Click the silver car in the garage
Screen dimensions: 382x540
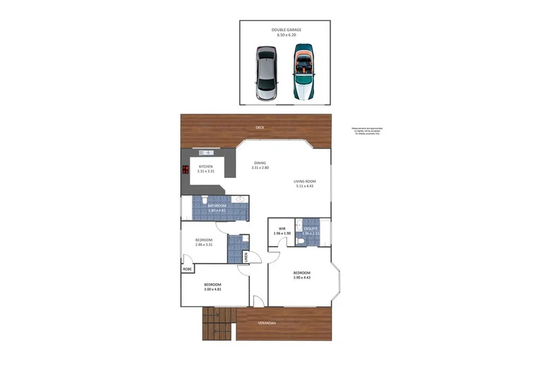267,74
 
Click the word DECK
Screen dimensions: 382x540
260,128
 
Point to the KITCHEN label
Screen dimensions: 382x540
205,166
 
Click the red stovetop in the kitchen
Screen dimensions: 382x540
186,170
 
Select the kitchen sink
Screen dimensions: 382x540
207,152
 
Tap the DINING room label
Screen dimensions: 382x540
260,163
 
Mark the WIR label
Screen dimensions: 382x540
282,229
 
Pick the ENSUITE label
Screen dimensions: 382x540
310,229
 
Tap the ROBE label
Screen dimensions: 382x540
187,269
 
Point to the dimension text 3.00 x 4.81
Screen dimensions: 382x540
213,289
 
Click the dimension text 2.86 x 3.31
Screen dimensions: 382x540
204,245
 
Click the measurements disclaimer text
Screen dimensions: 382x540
367,131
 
